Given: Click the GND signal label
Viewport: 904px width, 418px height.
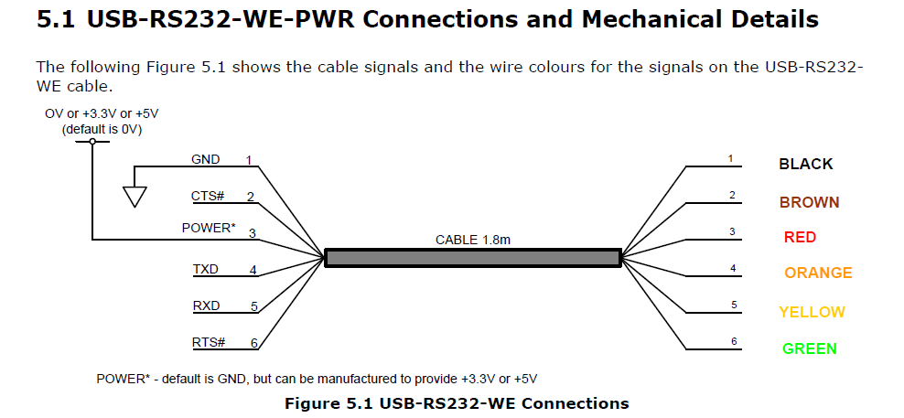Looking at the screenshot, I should [205, 159].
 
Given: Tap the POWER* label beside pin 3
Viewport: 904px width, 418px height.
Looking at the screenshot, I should [209, 229].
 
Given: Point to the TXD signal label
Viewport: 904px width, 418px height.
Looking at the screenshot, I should [206, 270].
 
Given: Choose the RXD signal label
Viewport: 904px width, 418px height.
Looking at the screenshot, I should [206, 306].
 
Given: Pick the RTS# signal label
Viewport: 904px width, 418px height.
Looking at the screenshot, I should [209, 342].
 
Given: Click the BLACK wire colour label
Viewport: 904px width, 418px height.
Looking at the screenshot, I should [805, 165].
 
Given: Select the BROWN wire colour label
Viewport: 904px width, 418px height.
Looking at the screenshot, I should [809, 202].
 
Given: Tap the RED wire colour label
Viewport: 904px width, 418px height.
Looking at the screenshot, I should [800, 238].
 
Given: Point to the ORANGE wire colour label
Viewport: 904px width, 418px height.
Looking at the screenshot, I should [818, 273].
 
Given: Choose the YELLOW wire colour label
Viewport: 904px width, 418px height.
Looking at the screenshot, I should [812, 312].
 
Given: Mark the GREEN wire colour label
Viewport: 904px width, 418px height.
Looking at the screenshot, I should [809, 348].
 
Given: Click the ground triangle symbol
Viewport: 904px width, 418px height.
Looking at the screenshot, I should [135, 197].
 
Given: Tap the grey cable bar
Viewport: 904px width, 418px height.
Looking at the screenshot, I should [472, 258].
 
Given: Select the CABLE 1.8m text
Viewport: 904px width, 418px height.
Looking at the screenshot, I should [472, 240].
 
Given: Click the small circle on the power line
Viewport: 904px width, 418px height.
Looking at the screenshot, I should [92, 141].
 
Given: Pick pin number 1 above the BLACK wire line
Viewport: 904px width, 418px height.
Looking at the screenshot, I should [730, 159].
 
